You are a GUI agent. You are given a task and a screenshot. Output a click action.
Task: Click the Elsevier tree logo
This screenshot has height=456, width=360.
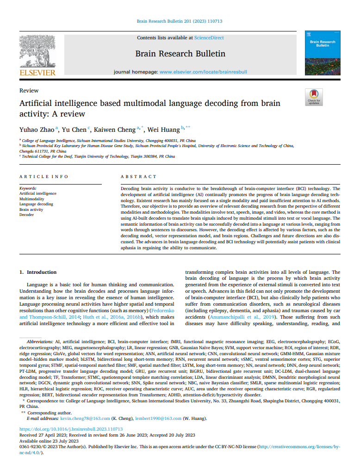pyautogui.click(x=37, y=51)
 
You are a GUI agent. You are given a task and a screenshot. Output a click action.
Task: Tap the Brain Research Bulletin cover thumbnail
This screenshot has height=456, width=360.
pyautogui.click(x=323, y=53)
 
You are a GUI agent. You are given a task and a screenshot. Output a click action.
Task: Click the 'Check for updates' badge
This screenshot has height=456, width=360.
pyautogui.click(x=314, y=97)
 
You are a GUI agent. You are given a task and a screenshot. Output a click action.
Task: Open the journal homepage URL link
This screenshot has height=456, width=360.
pyautogui.click(x=204, y=72)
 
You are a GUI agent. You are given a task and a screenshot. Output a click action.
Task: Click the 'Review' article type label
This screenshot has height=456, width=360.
pyautogui.click(x=29, y=91)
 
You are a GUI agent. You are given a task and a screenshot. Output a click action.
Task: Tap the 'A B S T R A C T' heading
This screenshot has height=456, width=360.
pyautogui.click(x=138, y=177)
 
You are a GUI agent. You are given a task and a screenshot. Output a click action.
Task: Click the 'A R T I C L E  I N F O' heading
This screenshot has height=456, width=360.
pyautogui.click(x=43, y=177)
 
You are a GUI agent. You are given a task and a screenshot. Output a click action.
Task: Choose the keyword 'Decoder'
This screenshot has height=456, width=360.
pyautogui.click(x=26, y=215)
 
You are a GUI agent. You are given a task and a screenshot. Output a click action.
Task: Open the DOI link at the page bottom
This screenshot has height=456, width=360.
pyautogui.click(x=71, y=429)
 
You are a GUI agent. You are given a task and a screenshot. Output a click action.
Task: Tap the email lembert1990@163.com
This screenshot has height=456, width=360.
pyautogui.click(x=158, y=419)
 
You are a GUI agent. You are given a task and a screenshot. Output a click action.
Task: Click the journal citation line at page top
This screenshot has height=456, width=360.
pyautogui.click(x=180, y=21)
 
